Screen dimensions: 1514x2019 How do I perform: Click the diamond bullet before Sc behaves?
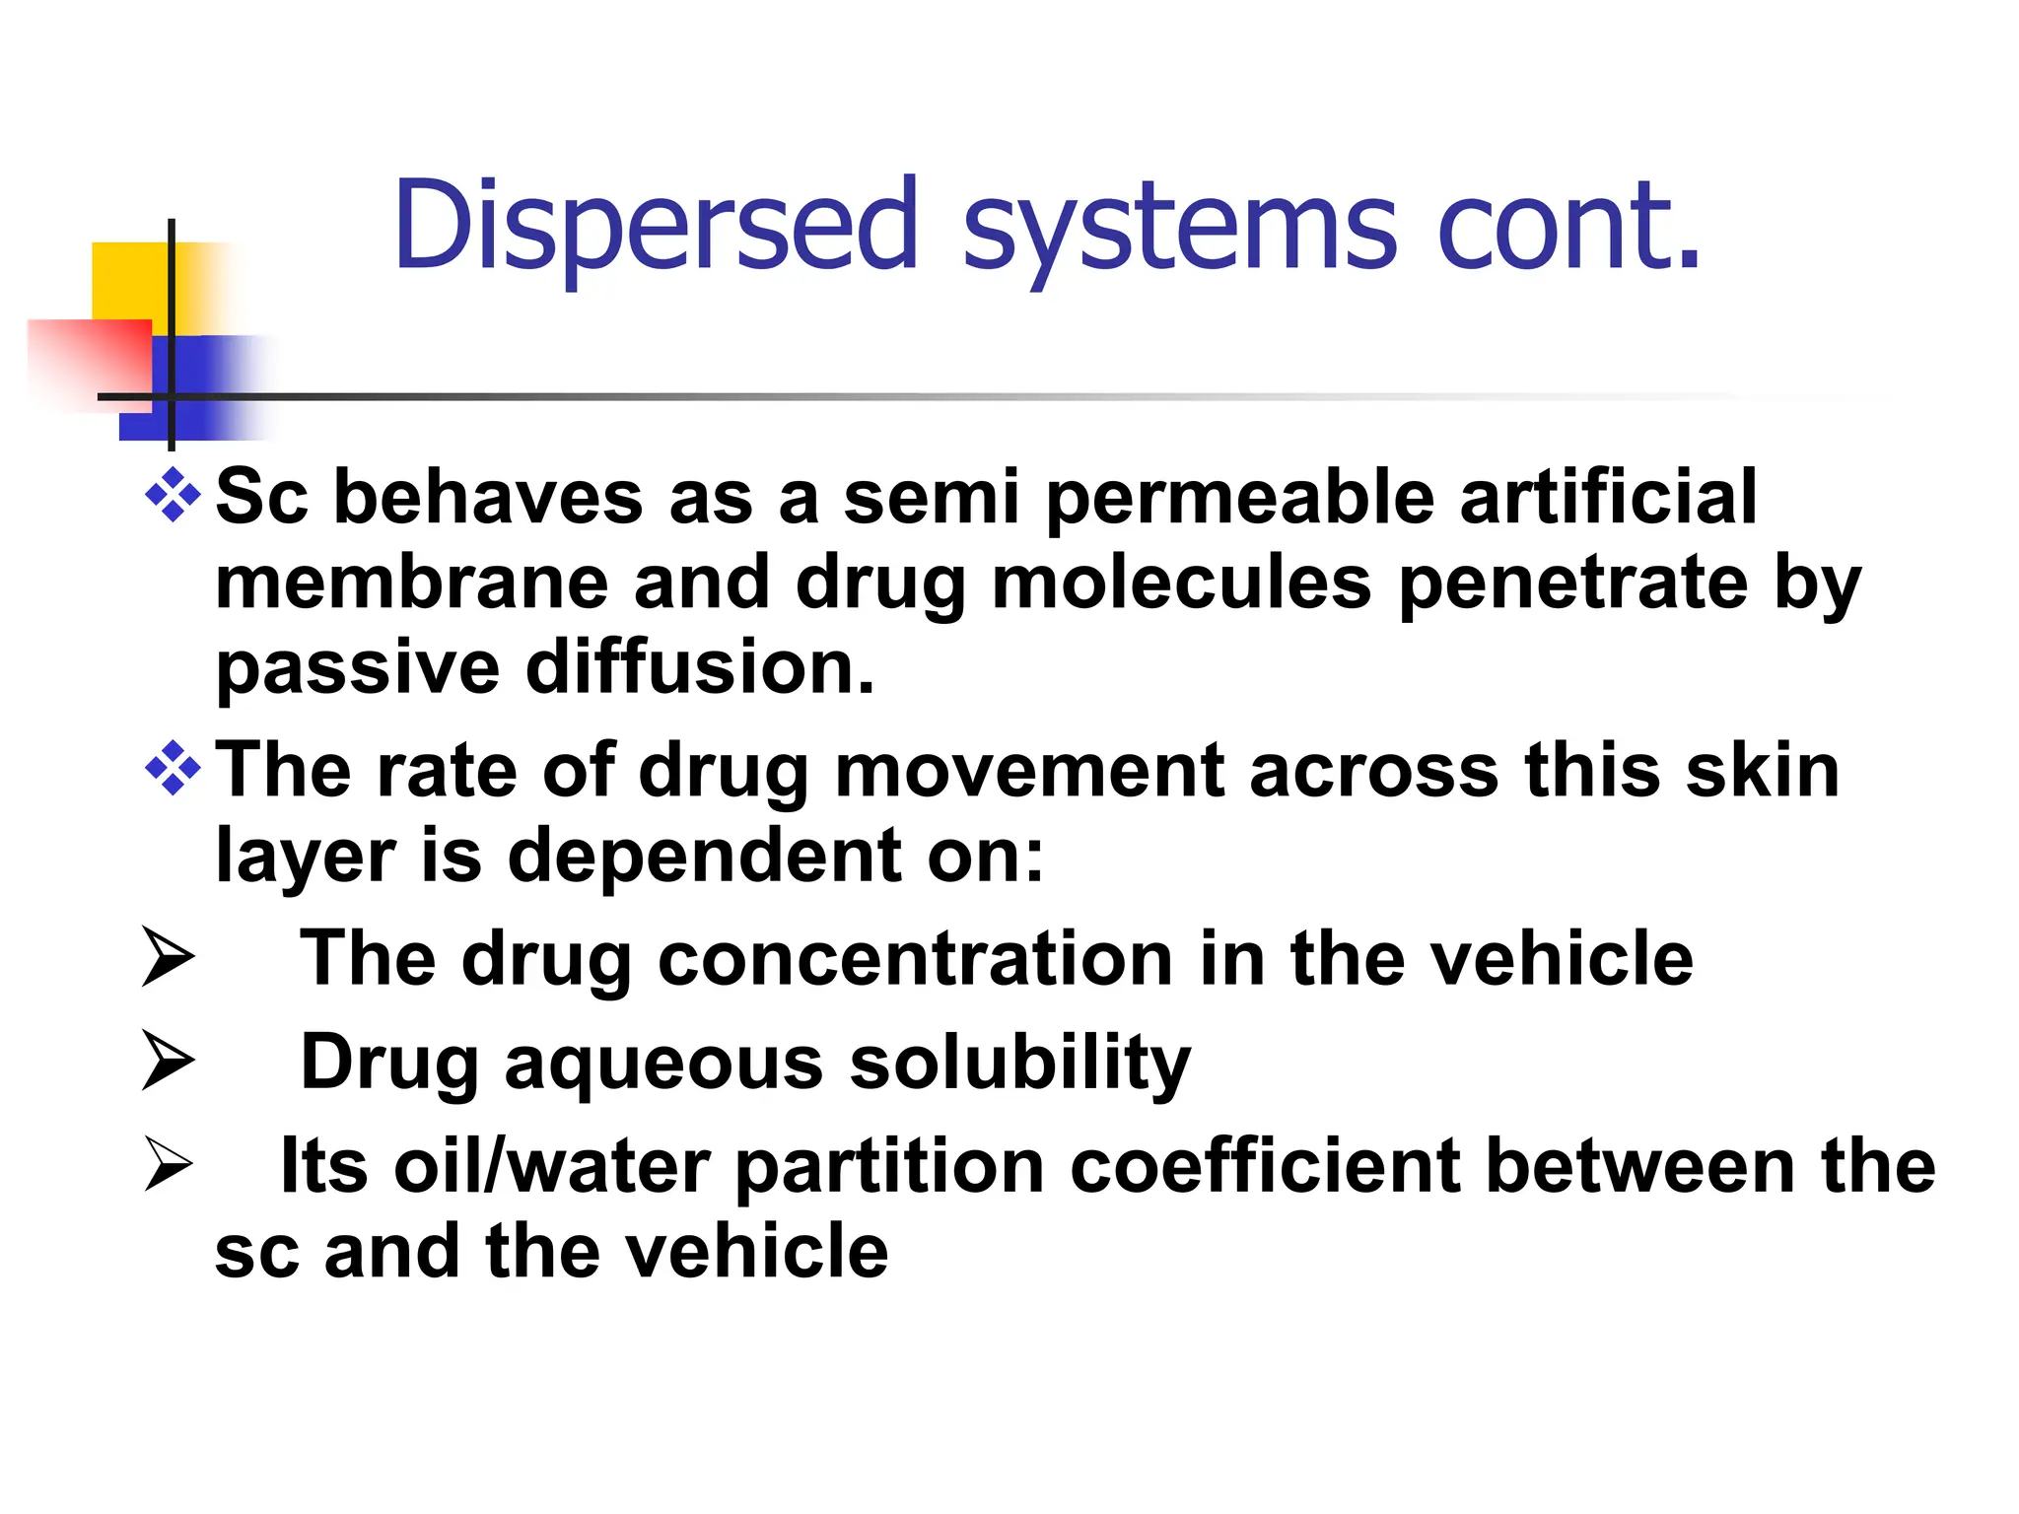(x=174, y=494)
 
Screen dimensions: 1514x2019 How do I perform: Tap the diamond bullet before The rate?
(x=174, y=768)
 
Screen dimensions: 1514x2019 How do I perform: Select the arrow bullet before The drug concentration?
(x=167, y=957)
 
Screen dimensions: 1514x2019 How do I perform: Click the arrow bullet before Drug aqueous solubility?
(x=167, y=1061)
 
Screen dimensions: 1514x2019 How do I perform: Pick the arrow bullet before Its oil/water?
(x=167, y=1164)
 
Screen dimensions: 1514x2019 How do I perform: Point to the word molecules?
(x=1182, y=583)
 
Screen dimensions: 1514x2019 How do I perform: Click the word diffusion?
(x=700, y=667)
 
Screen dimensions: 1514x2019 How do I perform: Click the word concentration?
(x=915, y=959)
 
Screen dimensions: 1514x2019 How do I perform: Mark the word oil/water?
(x=551, y=1166)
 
